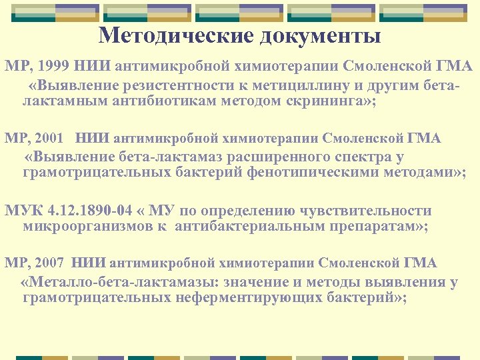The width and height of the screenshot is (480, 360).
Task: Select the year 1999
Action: [52, 67]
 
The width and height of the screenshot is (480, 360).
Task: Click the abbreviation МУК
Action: [24, 211]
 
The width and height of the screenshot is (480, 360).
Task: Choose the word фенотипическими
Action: [313, 173]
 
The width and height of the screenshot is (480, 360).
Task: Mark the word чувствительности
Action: [367, 211]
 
